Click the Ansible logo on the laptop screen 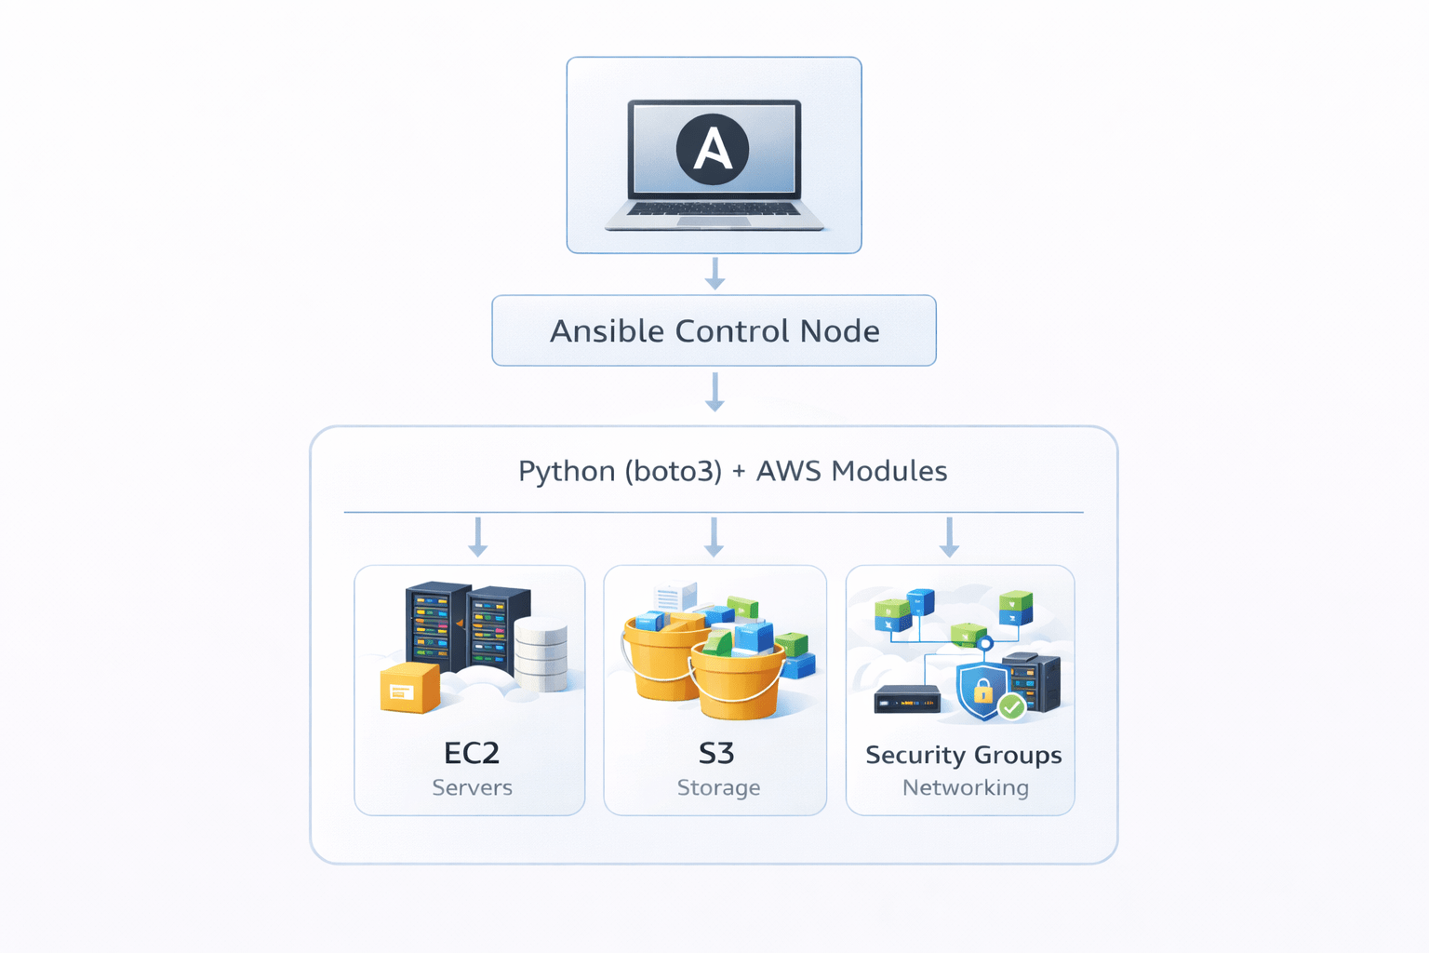click(x=713, y=149)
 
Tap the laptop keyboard click(x=714, y=209)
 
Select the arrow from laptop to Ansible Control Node click(x=714, y=274)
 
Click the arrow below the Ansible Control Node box click(x=714, y=392)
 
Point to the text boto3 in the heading click(x=673, y=471)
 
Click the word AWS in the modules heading click(x=789, y=471)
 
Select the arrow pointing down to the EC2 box click(x=478, y=537)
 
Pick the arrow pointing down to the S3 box click(x=714, y=537)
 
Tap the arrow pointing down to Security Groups click(x=949, y=537)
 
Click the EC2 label click(x=472, y=752)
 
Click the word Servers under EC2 click(x=472, y=787)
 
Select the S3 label click(x=716, y=752)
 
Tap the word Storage click(x=718, y=787)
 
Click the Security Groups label click(x=963, y=755)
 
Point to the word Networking click(x=965, y=787)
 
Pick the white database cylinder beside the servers click(x=541, y=653)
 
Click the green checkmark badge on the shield click(x=1011, y=707)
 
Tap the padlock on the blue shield click(x=982, y=691)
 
